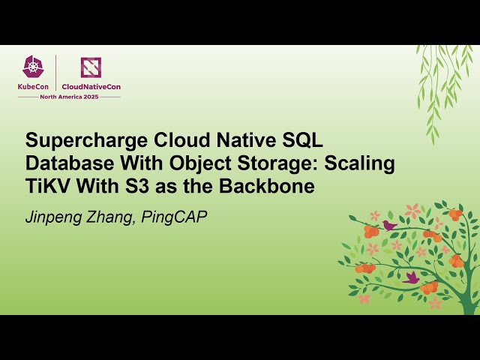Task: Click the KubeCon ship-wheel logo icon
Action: (34, 67)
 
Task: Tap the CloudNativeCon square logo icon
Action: (91, 67)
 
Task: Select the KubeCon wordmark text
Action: (34, 86)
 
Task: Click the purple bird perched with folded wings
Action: (388, 224)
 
